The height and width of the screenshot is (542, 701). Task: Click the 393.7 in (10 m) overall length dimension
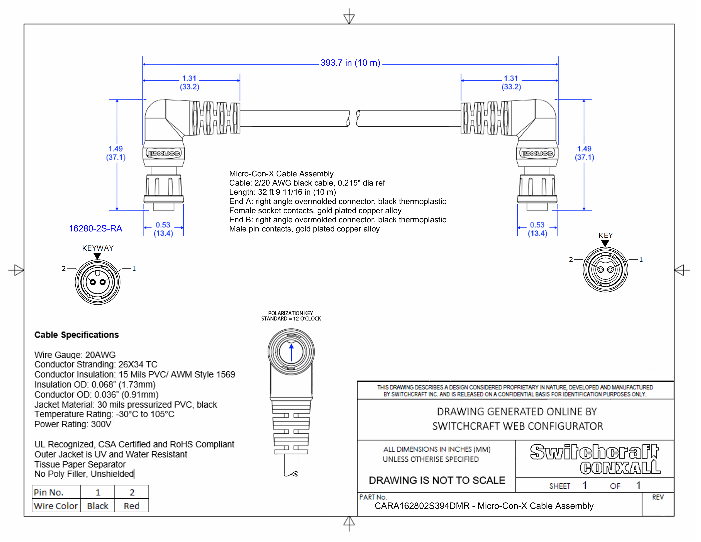[x=350, y=63]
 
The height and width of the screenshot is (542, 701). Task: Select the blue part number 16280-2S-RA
[x=95, y=229]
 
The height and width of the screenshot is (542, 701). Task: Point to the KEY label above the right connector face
[x=605, y=235]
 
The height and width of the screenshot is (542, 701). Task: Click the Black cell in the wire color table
[x=98, y=506]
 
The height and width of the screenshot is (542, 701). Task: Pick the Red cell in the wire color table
[x=132, y=506]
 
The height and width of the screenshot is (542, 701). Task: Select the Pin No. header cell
[x=49, y=492]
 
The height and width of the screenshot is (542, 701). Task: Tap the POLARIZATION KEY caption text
[x=290, y=313]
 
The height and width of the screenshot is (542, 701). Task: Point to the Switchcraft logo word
[x=594, y=452]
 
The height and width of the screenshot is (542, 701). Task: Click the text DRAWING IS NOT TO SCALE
[x=437, y=480]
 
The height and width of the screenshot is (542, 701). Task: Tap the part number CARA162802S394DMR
[x=422, y=506]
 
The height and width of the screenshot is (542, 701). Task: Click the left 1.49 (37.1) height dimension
[x=116, y=153]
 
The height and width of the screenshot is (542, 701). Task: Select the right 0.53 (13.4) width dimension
[x=537, y=229]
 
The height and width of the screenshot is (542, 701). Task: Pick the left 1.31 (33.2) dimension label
[x=189, y=82]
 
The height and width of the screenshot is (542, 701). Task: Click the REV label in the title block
[x=657, y=497]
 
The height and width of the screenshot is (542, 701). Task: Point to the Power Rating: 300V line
[x=73, y=424]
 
